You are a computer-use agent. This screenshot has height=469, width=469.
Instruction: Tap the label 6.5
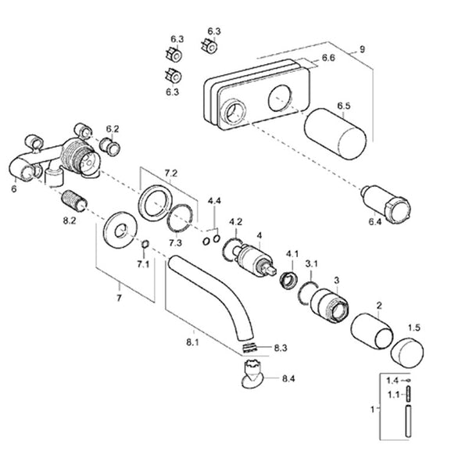pyautogui.click(x=344, y=105)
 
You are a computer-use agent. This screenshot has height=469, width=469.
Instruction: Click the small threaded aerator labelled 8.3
pyautogui.click(x=249, y=346)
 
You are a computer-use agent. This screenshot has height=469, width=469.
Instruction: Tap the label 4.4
pyautogui.click(x=214, y=202)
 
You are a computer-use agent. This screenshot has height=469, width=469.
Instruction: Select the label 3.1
pyautogui.click(x=311, y=263)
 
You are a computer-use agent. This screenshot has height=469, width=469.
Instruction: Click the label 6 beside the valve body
pyautogui.click(x=14, y=188)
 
